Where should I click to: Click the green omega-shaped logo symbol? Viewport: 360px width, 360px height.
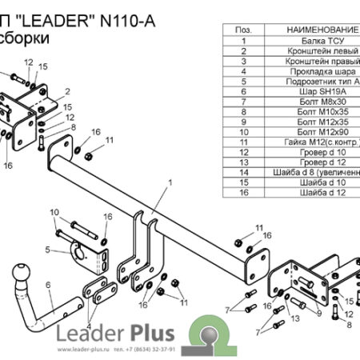point(207,332)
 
